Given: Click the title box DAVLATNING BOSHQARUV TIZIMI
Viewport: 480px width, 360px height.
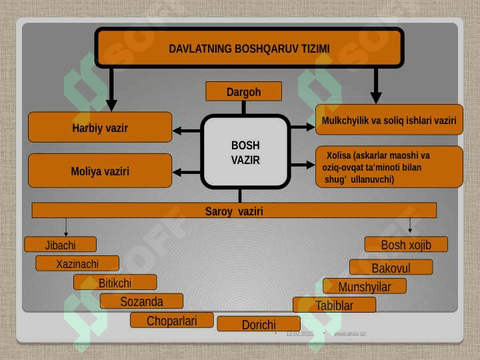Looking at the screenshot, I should pos(249,48).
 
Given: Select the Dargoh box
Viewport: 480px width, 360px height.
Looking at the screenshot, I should pos(243,92).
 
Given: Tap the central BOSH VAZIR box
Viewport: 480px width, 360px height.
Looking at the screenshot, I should pos(245,153).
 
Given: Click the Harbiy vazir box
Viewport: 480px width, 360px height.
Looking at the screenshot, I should pos(100,127).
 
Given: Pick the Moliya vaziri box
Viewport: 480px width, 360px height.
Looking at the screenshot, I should pos(100,171).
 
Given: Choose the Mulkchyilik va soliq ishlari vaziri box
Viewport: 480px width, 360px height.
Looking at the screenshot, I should pos(389,120).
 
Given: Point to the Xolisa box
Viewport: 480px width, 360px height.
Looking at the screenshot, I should pos(389,167).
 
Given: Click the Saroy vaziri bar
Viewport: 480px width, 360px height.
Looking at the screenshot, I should pos(234,211).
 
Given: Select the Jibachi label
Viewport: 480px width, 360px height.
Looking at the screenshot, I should pos(60,245).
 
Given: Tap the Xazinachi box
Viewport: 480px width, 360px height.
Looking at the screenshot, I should pos(77,263).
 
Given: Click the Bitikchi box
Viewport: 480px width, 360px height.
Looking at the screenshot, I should pos(115,283).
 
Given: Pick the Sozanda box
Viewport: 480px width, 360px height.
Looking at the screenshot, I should pos(141,301).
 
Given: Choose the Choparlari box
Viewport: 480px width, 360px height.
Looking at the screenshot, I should pos(172,321).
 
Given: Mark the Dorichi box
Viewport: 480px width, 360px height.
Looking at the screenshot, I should pos(259,325).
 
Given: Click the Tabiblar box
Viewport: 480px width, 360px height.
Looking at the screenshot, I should pos(334,305).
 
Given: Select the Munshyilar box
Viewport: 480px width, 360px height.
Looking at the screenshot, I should pos(364,287).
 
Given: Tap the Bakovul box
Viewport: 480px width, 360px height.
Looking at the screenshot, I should pos(391,268).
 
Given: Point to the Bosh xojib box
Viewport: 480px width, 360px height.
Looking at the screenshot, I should pos(406,245).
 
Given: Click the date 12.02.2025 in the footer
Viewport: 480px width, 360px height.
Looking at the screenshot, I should pos(299,333).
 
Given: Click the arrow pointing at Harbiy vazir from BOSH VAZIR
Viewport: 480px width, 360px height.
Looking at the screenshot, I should pos(187,127).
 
